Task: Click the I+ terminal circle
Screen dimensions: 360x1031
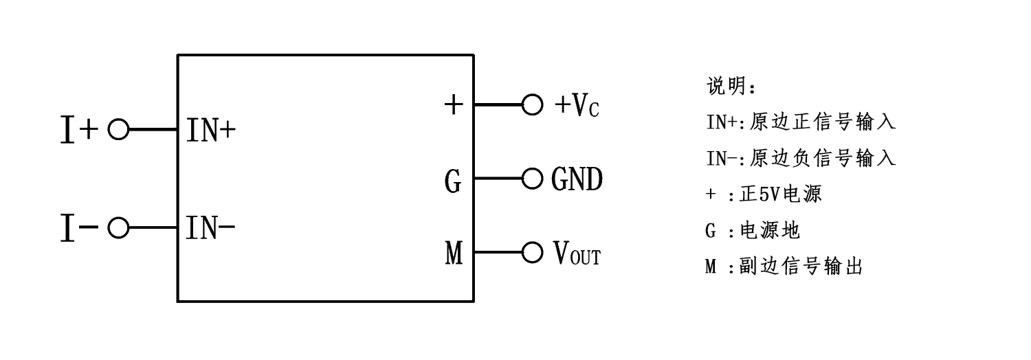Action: tap(118, 129)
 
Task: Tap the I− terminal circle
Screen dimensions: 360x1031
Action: tap(118, 227)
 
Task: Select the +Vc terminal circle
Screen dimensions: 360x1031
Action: tap(532, 105)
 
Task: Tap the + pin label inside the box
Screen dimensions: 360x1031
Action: tap(454, 105)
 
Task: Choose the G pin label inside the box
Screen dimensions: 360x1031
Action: tap(453, 182)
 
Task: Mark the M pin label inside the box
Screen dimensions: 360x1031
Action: tap(454, 255)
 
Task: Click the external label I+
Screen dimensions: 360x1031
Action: tap(79, 130)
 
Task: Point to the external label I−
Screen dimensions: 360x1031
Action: tap(79, 227)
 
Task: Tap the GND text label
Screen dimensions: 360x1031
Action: tap(577, 179)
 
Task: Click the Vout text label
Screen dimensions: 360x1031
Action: tap(576, 254)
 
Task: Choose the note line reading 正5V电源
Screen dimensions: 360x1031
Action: tap(763, 194)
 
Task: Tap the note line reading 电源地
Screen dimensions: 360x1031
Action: tap(753, 231)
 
